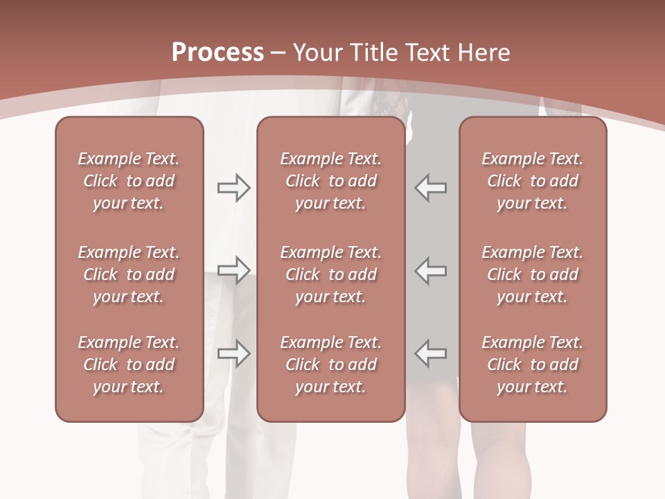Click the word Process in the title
tap(218, 53)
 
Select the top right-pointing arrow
tap(233, 188)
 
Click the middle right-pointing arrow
tap(233, 270)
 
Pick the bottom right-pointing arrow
tap(233, 353)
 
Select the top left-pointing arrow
tap(431, 188)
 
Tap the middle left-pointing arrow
tap(431, 270)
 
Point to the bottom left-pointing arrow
tap(431, 353)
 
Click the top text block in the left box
tap(129, 181)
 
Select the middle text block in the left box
tap(129, 274)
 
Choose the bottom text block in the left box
tap(129, 365)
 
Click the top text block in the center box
tap(330, 181)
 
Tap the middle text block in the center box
tap(330, 274)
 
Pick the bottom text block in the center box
tap(330, 365)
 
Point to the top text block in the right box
tap(532, 181)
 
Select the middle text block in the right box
tap(532, 274)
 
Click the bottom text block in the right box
tap(532, 365)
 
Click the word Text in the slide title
tap(426, 53)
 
